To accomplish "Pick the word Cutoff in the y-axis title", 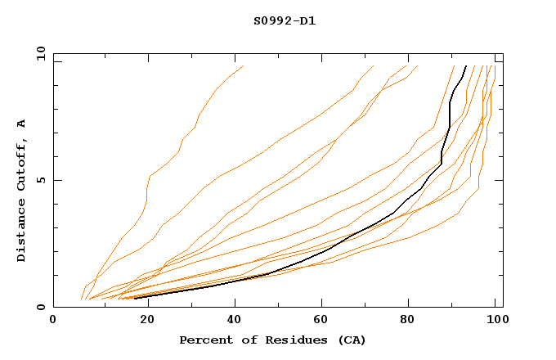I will [22, 162].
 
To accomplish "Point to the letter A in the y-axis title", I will [22, 124].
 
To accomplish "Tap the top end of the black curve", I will [466, 66].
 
